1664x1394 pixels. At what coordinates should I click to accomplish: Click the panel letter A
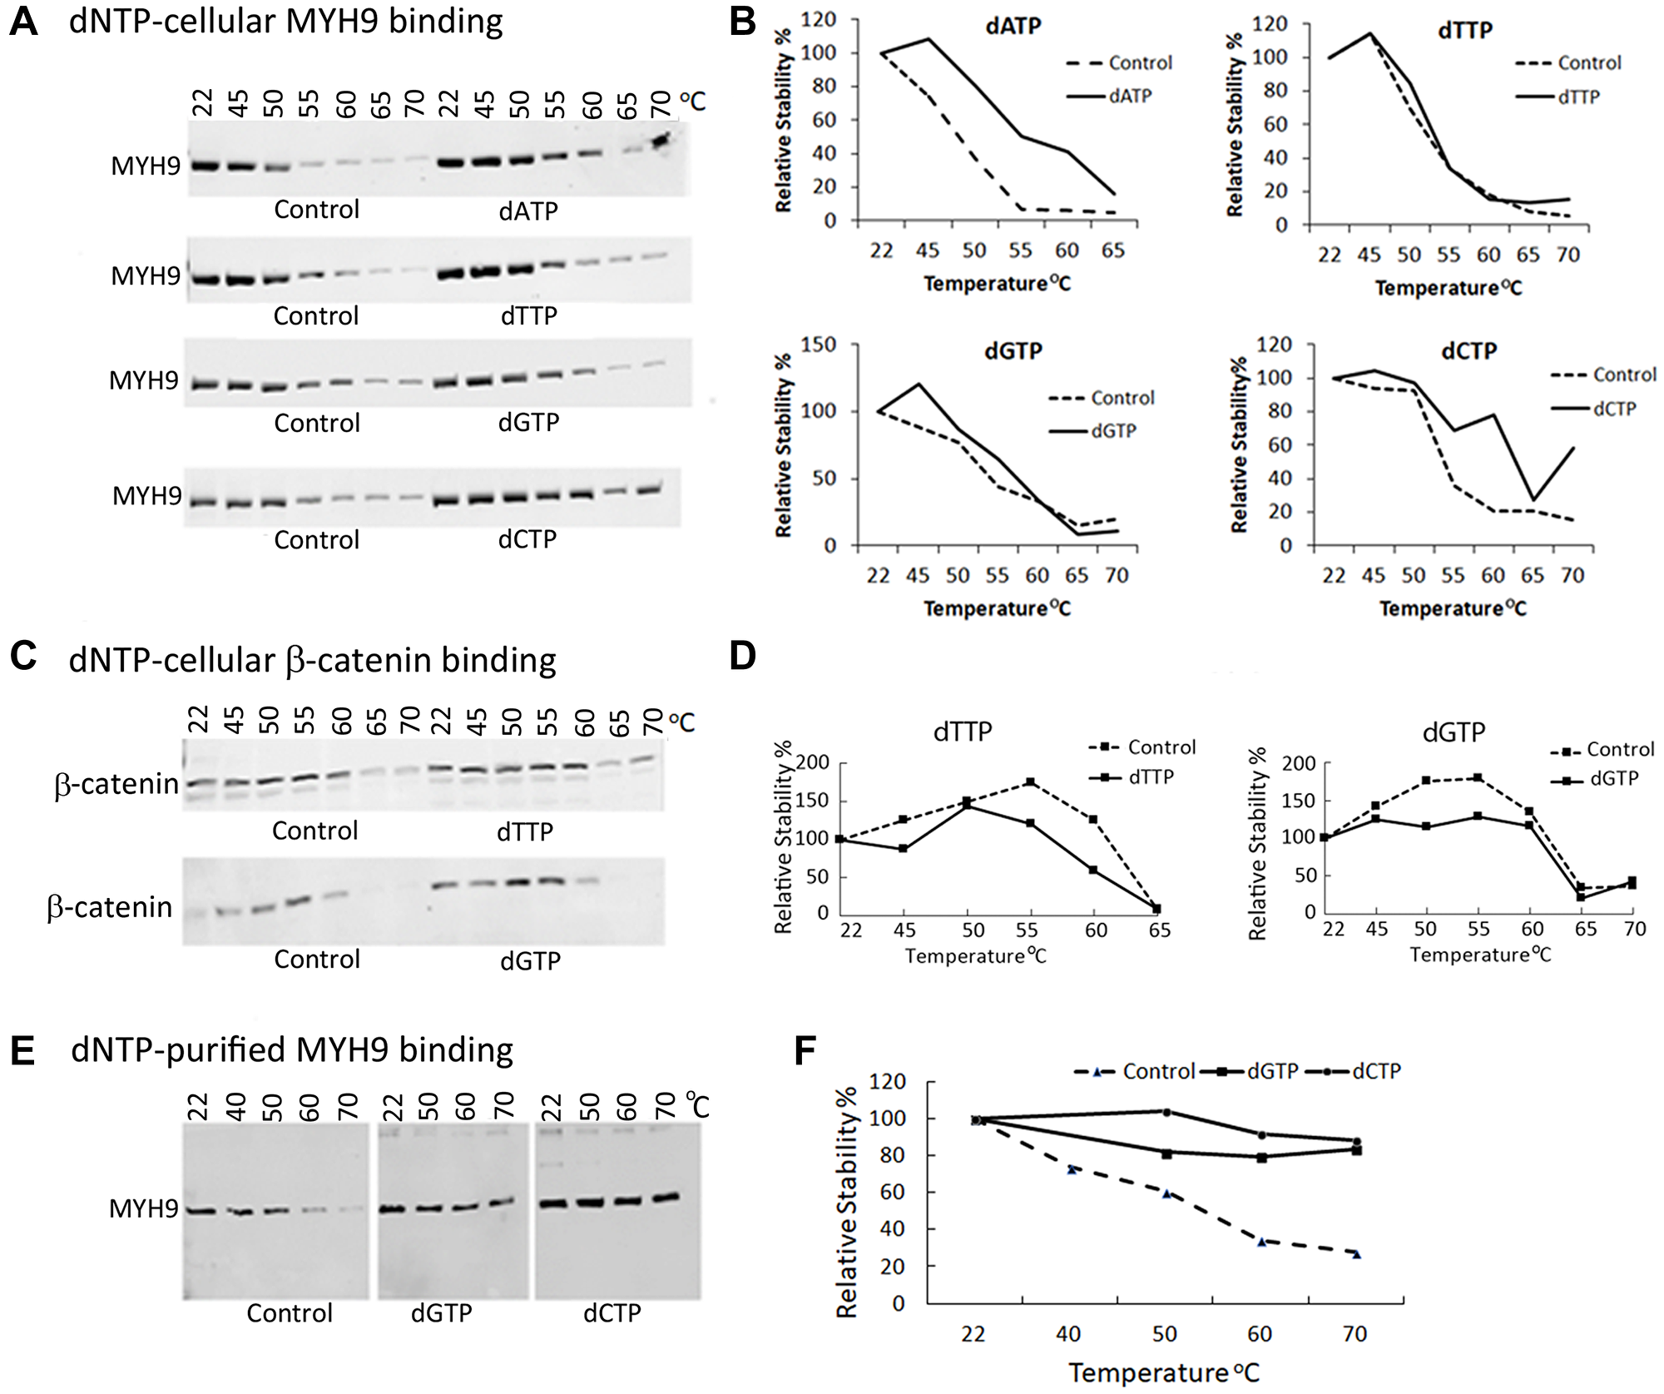pos(23,22)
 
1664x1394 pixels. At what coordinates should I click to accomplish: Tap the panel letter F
pos(805,1050)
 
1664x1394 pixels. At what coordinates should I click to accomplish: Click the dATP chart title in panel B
pos(1013,26)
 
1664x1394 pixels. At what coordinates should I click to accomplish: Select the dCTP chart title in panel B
pos(1468,350)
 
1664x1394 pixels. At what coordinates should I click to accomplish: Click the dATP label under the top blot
pos(528,211)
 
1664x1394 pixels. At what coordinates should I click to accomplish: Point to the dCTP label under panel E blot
pos(612,1312)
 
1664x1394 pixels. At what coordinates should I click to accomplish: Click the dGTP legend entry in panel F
pos(1272,1072)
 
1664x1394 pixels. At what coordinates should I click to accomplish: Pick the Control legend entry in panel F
pos(1158,1072)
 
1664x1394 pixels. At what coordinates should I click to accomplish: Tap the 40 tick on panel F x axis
pos(1068,1334)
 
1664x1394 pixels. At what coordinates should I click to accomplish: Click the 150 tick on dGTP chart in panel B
pos(818,345)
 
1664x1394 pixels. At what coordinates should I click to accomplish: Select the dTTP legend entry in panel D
pos(1151,776)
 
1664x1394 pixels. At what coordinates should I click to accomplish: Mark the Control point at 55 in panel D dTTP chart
pos(1031,782)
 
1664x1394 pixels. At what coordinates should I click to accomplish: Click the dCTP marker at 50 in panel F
pos(1166,1112)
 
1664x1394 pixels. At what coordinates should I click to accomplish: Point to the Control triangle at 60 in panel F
pos(1261,1242)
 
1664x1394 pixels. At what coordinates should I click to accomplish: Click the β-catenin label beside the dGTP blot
pos(110,907)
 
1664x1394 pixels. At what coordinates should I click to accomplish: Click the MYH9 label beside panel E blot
pos(144,1208)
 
